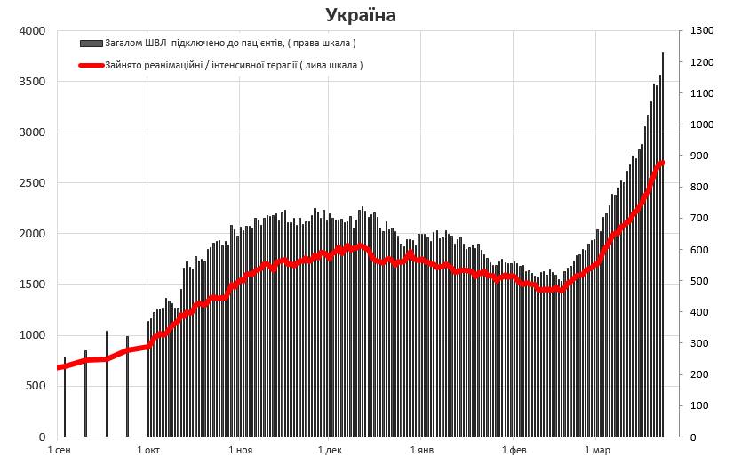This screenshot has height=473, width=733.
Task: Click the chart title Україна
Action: coord(361,15)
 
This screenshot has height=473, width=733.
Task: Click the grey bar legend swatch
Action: coord(91,43)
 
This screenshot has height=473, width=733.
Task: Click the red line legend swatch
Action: coord(91,65)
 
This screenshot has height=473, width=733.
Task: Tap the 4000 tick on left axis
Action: coord(32,31)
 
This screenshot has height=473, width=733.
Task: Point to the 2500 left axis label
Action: coord(32,183)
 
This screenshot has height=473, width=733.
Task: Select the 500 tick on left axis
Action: coord(35,387)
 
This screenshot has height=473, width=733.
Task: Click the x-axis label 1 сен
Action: coord(60,452)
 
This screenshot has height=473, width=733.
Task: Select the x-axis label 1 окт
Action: coord(148,452)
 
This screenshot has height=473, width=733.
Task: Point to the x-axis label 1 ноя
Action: coord(241,452)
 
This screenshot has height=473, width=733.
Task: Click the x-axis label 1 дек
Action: coord(330,452)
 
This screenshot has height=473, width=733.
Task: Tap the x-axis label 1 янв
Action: coord(422,452)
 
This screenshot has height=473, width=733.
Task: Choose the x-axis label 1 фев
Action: coord(514,452)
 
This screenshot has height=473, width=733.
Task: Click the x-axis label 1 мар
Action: coord(598,452)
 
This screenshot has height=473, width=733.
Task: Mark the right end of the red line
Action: coord(663,163)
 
